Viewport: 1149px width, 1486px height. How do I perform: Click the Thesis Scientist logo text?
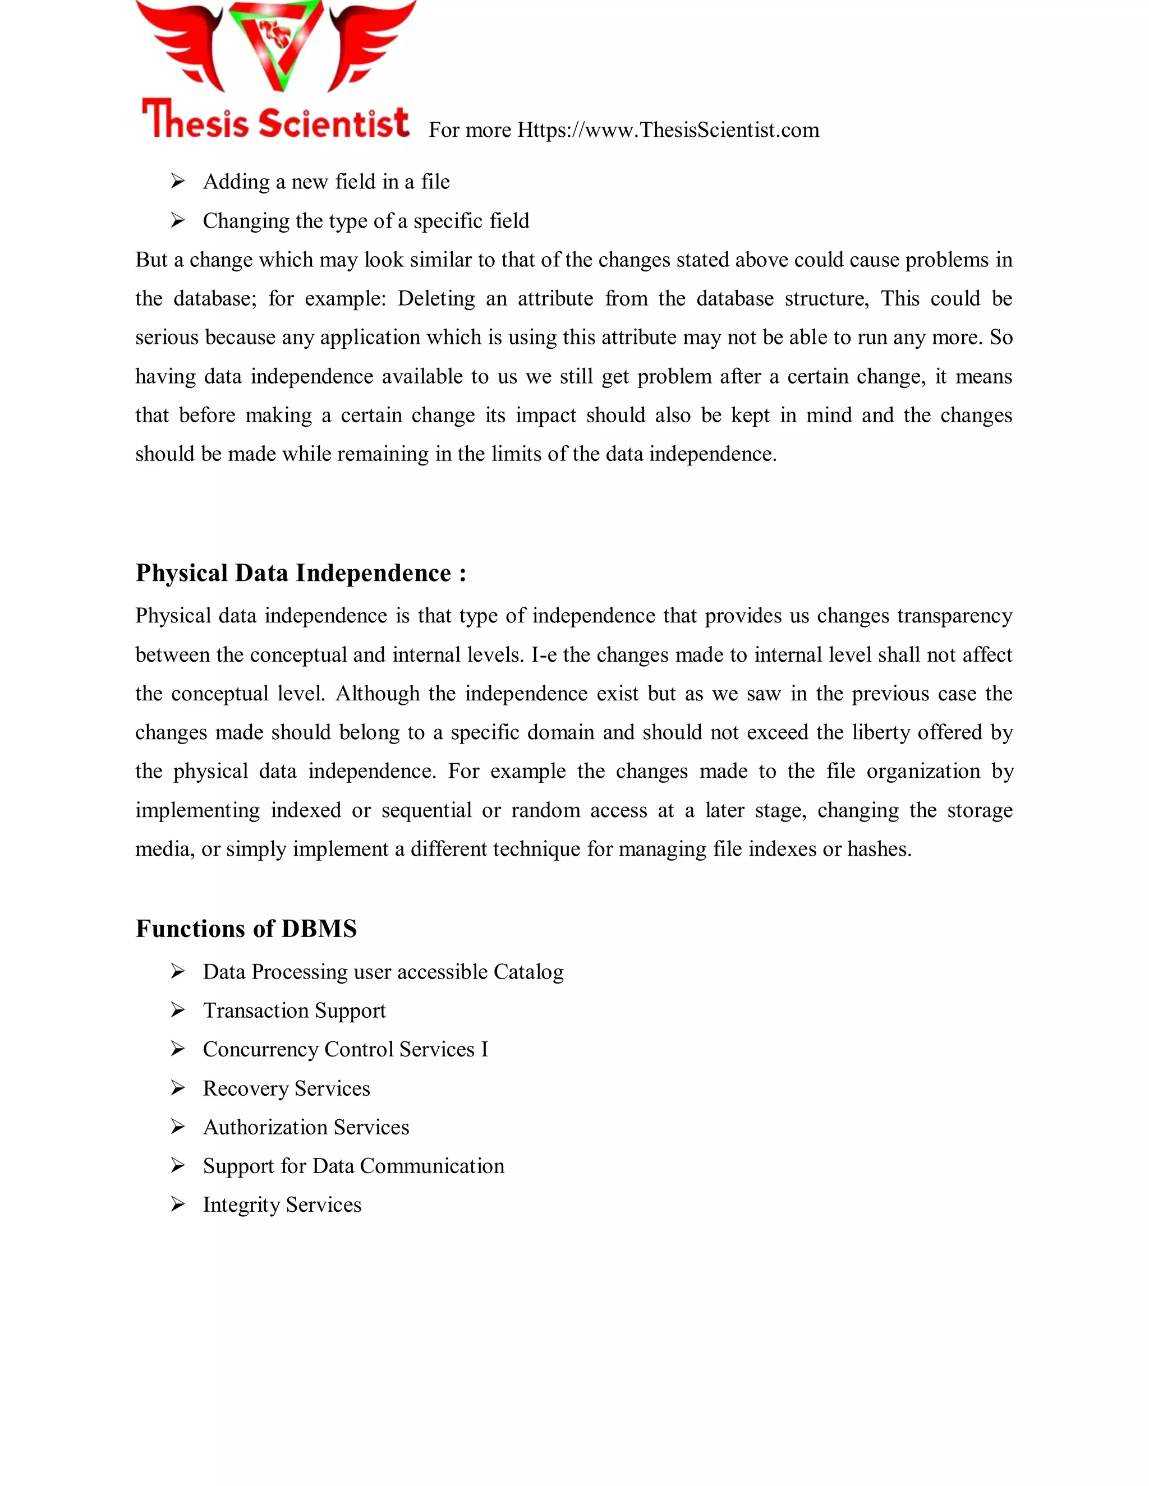pos(275,121)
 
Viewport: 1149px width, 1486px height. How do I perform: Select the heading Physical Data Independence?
pos(301,574)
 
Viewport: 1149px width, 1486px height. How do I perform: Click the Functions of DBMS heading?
pos(246,929)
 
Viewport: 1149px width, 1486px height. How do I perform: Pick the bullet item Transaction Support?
pos(294,1010)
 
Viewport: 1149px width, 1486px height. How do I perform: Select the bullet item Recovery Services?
pos(286,1088)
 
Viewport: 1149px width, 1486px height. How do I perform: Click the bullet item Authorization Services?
pos(306,1128)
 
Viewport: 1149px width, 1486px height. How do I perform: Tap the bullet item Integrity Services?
pos(282,1205)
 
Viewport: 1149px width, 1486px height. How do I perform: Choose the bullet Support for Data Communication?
pos(353,1166)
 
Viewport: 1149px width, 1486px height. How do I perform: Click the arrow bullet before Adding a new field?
pos(178,182)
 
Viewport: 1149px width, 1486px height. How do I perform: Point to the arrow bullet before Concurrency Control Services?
pos(178,1049)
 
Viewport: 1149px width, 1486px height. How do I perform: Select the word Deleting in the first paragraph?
pos(435,299)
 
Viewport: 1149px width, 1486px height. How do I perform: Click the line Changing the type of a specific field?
pos(366,221)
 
